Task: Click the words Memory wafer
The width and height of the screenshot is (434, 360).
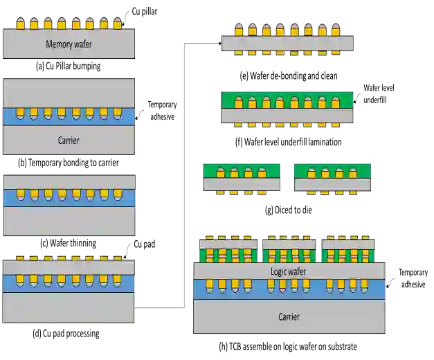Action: pyautogui.click(x=69, y=44)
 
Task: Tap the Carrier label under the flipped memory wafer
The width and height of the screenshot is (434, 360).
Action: pyautogui.click(x=69, y=141)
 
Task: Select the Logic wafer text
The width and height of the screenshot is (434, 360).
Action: pyautogui.click(x=288, y=272)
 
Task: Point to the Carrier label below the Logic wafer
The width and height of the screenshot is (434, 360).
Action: pyautogui.click(x=289, y=316)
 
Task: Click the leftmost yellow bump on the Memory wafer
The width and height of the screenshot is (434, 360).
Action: pyautogui.click(x=20, y=24)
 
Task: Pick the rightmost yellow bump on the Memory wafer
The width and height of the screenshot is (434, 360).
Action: pyautogui.click(x=117, y=24)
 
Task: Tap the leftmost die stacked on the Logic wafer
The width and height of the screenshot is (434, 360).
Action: pyautogui.click(x=228, y=251)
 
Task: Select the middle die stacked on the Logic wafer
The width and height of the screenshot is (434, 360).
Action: pyautogui.click(x=289, y=251)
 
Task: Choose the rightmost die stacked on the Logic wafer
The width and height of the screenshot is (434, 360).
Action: pyautogui.click(x=349, y=251)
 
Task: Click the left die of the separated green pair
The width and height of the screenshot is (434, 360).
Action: pyautogui.click(x=241, y=177)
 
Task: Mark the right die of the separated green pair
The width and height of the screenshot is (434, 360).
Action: pyautogui.click(x=332, y=177)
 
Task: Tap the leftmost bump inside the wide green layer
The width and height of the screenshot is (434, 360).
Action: pyautogui.click(x=238, y=102)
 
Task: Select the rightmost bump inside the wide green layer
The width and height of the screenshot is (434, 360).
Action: pyautogui.click(x=336, y=102)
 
